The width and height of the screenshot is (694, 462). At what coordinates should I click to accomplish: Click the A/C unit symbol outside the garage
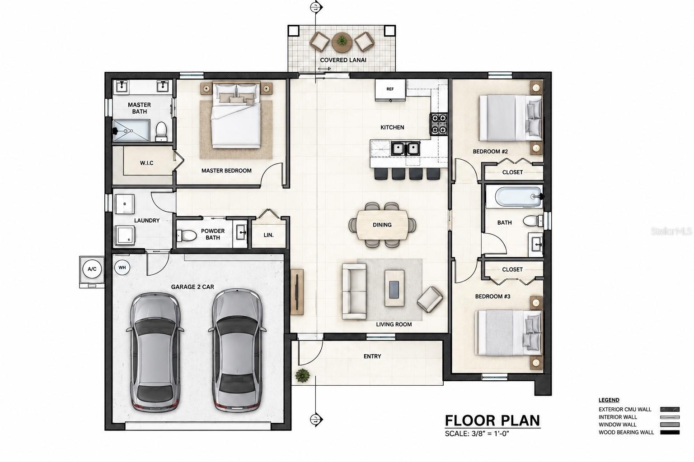click(x=92, y=269)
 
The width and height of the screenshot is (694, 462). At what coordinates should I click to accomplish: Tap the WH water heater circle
click(x=122, y=268)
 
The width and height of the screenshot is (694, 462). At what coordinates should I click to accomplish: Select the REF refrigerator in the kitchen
click(x=390, y=90)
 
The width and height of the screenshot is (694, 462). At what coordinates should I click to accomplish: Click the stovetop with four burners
click(x=438, y=124)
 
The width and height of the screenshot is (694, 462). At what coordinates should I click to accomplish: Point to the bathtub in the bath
click(x=519, y=197)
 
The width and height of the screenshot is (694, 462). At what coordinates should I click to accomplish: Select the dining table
click(x=382, y=225)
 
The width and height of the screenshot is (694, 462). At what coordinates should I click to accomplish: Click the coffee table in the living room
click(x=394, y=288)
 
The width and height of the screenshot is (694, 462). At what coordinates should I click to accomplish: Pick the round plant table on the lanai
click(x=342, y=42)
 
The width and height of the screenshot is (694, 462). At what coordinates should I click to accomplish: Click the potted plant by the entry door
click(x=302, y=375)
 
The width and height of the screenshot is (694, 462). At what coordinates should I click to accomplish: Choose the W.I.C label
click(x=146, y=163)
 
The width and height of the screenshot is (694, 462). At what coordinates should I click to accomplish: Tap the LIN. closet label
click(x=269, y=235)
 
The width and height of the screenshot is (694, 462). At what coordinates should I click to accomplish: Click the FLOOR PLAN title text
click(x=492, y=421)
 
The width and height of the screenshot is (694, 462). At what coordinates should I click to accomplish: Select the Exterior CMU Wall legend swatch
click(x=670, y=409)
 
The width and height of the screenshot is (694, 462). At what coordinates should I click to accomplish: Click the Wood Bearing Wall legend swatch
click(x=670, y=433)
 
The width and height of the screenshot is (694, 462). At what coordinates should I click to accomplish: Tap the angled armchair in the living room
click(x=430, y=299)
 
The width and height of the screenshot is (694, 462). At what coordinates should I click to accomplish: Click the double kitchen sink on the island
click(x=405, y=148)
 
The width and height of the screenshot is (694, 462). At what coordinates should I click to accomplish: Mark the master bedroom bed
click(x=235, y=115)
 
